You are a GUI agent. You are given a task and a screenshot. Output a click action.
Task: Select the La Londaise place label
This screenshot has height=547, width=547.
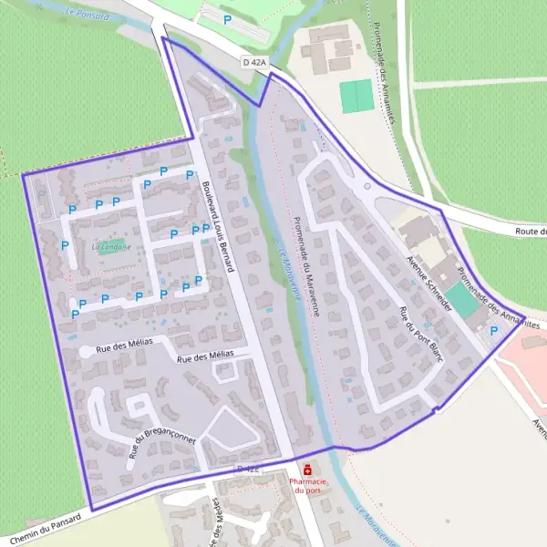tap(111, 246)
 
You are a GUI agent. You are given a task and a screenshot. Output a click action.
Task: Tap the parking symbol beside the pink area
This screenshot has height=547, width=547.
tap(494, 332)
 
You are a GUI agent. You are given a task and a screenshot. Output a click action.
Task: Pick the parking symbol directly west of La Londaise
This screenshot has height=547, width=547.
tap(65, 245)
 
